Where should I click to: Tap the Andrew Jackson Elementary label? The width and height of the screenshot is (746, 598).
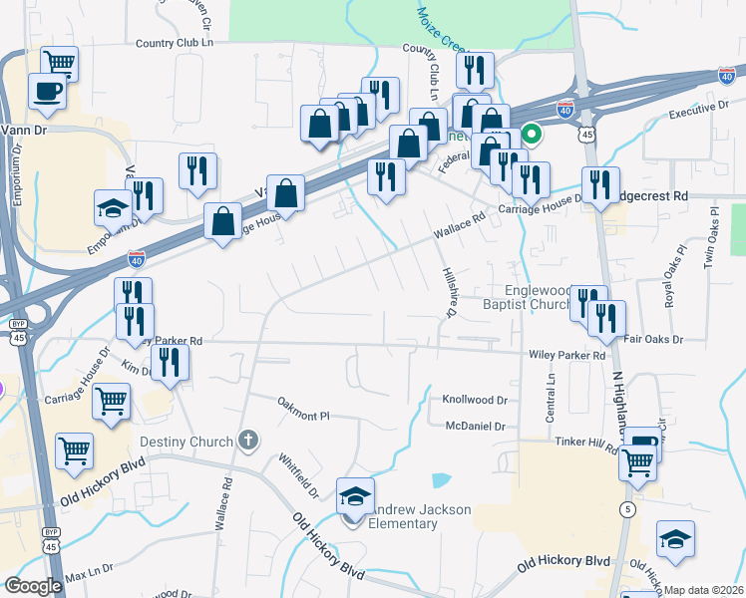tap(419, 516)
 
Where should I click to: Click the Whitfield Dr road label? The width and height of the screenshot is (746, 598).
tap(298, 476)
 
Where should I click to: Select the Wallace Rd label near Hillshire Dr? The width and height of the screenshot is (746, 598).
tap(458, 230)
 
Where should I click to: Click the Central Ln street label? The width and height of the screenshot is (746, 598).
tap(550, 398)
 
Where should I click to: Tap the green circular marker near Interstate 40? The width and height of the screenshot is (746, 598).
tap(533, 133)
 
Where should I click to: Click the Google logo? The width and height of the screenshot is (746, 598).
tap(33, 586)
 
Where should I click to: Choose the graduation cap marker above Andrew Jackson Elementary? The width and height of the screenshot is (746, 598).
tap(355, 494)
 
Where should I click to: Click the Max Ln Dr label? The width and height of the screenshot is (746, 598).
tap(90, 577)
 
